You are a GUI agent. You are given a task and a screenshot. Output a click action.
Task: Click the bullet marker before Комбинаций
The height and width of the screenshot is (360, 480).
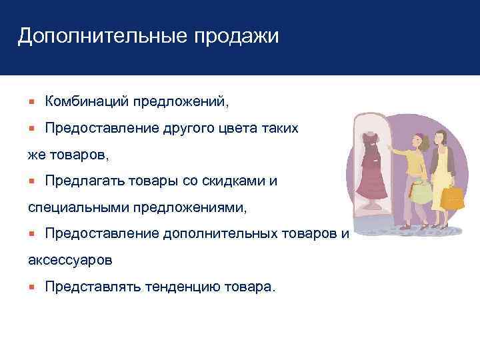(x=31, y=101)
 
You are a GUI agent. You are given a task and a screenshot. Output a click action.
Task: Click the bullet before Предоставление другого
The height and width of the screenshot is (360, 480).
(x=31, y=128)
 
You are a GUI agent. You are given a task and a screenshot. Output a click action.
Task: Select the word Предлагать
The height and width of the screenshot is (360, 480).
(x=80, y=181)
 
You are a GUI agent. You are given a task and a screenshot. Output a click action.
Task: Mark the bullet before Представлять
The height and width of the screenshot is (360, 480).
(x=31, y=287)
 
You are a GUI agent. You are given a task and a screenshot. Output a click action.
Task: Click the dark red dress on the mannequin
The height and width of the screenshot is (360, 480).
(x=369, y=173)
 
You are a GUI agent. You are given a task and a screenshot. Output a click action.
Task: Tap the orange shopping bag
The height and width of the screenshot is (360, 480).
(x=453, y=197)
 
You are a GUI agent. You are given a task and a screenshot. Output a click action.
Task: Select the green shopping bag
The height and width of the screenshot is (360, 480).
(x=421, y=194)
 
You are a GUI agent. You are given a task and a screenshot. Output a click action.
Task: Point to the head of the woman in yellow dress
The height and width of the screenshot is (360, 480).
(x=441, y=137)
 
